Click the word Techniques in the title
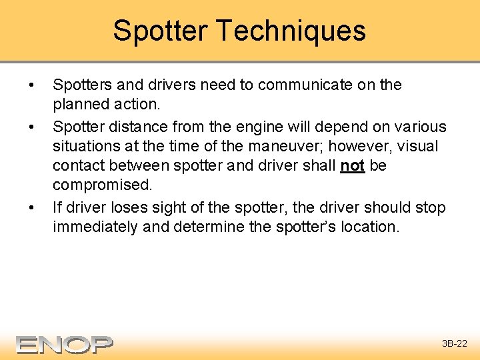pyautogui.click(x=292, y=31)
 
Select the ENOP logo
pyautogui.click(x=65, y=344)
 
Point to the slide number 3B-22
pyautogui.click(x=455, y=344)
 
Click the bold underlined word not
pyautogui.click(x=352, y=165)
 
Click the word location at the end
pyautogui.click(x=367, y=227)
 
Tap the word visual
pyautogui.click(x=418, y=146)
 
